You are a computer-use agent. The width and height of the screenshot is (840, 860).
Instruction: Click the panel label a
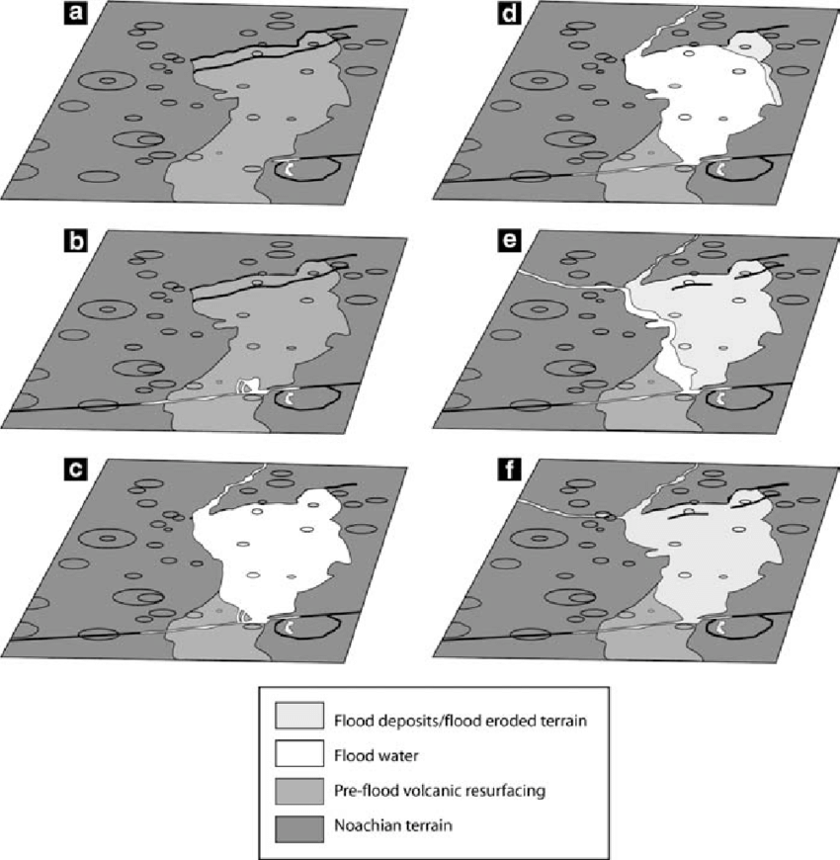point(75,13)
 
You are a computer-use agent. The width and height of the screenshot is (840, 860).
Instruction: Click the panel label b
point(75,241)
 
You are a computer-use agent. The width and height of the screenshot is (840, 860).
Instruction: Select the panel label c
point(75,470)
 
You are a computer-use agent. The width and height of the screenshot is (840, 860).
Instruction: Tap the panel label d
point(509,13)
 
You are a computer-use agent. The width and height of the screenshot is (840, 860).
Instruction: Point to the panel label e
point(509,241)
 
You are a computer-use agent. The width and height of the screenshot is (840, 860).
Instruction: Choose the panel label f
point(509,470)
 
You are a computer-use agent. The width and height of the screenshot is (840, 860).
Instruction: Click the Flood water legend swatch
point(299,753)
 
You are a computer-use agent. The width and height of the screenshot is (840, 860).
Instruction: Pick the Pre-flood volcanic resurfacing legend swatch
point(299,791)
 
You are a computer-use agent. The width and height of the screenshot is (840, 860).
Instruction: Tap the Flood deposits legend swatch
point(299,716)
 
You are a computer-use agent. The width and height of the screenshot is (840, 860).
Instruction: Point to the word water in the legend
point(396,756)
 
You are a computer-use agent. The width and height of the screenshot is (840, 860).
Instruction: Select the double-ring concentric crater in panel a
point(108,81)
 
